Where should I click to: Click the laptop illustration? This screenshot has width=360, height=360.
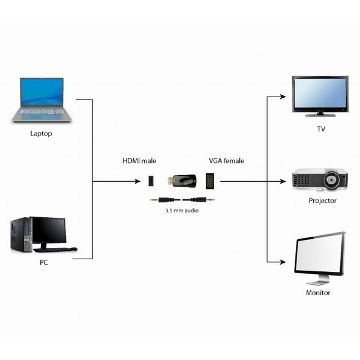(41, 100)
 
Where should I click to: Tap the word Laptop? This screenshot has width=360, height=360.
(41, 133)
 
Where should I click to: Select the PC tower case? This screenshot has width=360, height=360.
(20, 235)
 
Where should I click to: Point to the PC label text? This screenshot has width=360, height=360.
(44, 262)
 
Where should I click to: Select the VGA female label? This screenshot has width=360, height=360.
(226, 161)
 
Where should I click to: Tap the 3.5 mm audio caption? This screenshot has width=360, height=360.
(182, 211)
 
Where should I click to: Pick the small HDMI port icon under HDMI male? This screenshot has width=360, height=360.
(153, 181)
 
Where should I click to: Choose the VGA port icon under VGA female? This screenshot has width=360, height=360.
(211, 181)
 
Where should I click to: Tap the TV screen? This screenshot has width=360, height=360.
(320, 94)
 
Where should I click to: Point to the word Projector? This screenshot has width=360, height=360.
(322, 201)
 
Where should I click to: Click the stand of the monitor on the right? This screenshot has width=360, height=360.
(318, 280)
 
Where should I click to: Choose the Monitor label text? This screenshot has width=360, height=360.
(319, 293)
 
